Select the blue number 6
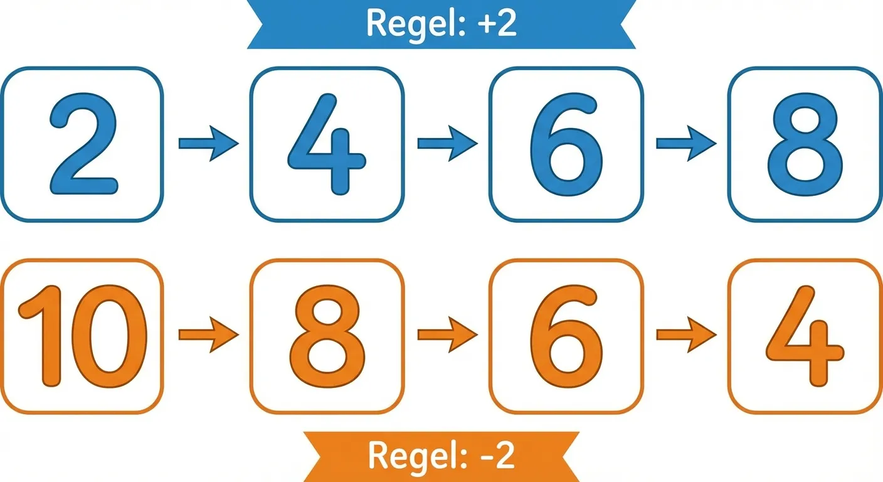566,144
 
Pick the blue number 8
804,144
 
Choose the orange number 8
327,337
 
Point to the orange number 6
566,337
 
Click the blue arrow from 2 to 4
208,144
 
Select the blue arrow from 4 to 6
447,144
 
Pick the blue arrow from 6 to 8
685,144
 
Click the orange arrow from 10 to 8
208,334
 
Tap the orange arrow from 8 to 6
447,334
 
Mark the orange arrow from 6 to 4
685,334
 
